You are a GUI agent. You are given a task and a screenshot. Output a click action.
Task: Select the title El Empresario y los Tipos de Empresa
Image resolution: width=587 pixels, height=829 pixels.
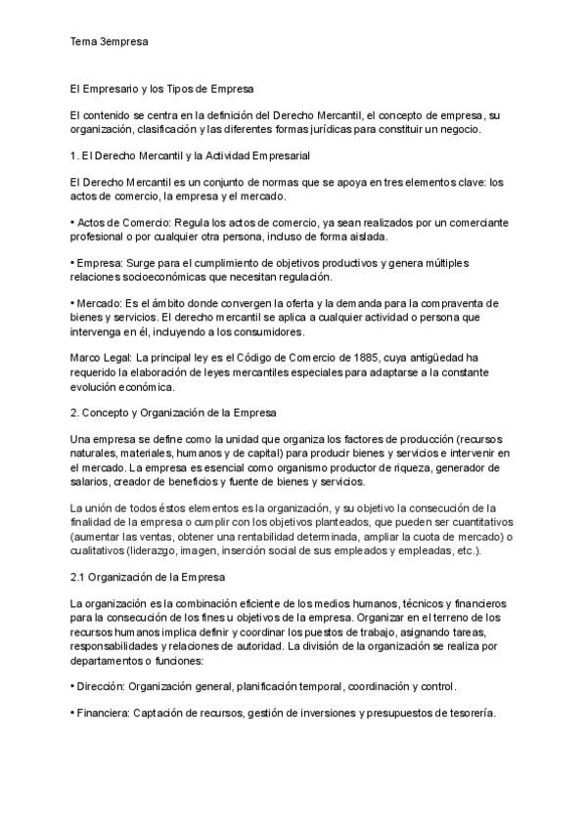tap(162, 89)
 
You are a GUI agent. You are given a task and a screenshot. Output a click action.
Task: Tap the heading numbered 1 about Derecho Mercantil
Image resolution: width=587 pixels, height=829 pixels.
tap(190, 155)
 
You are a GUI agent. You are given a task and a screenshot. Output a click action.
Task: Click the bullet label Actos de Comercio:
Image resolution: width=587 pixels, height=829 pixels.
tap(120, 222)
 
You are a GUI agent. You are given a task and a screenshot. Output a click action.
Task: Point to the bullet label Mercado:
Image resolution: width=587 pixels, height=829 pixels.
tap(106, 304)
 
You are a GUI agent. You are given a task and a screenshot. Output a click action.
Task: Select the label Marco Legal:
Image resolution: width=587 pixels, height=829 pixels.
tap(101, 358)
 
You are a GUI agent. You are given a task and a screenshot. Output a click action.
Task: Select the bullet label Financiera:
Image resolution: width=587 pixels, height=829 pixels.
tap(105, 713)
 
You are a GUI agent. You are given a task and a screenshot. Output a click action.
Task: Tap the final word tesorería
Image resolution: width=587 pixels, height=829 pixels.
tap(472, 713)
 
